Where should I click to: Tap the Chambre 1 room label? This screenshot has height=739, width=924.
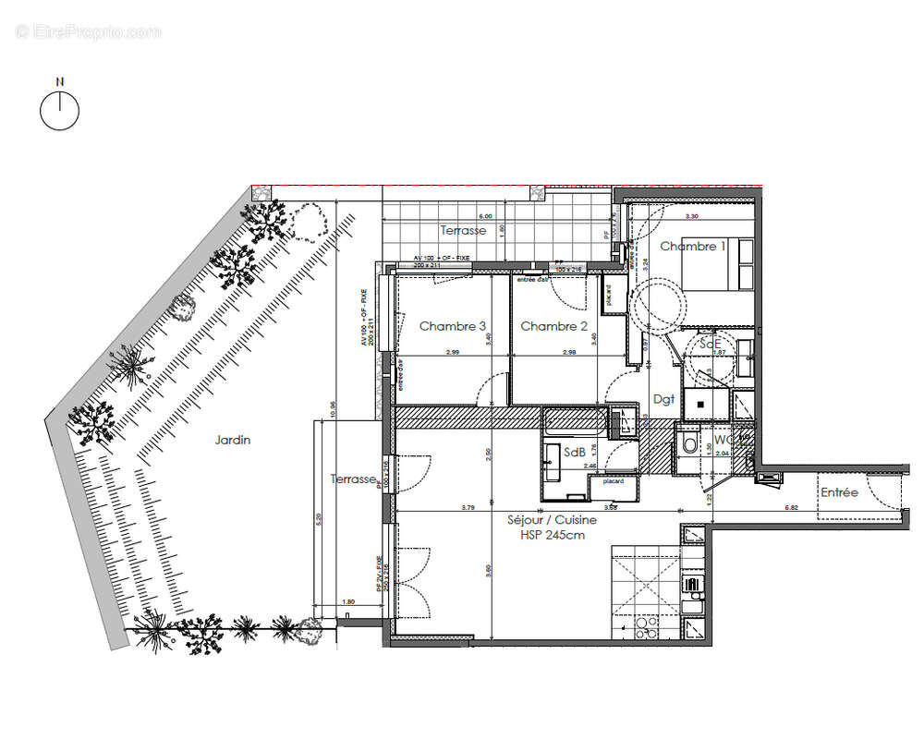tap(693, 247)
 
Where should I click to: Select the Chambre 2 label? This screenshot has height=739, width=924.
tap(554, 326)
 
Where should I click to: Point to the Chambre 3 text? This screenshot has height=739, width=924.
tap(453, 326)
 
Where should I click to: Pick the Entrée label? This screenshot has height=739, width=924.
tap(839, 493)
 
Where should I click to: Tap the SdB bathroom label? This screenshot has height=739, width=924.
tap(574, 453)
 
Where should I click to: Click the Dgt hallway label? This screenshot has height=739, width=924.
tap(663, 399)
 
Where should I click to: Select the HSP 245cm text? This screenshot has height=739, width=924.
tap(553, 534)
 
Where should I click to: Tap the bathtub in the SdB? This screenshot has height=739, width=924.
tap(575, 422)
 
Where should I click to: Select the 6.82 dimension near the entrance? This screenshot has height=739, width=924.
tap(791, 508)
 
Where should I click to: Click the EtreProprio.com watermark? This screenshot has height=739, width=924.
tap(88, 31)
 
